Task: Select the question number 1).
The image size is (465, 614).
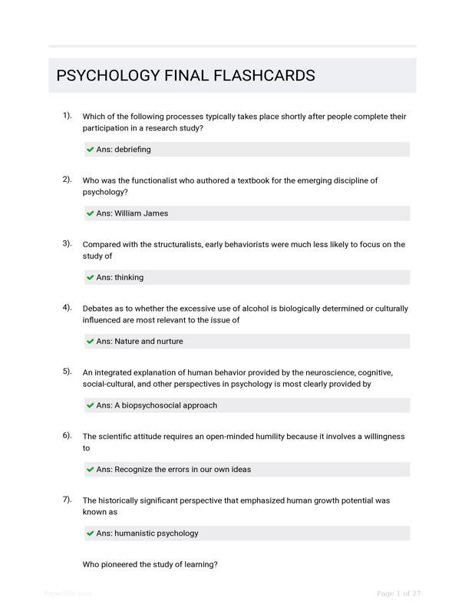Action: [x=67, y=116]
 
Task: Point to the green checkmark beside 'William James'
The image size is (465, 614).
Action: [x=91, y=213]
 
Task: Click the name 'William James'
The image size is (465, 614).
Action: [x=141, y=213]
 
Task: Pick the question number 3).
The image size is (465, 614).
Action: [x=67, y=243]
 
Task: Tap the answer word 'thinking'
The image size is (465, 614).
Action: [x=129, y=277]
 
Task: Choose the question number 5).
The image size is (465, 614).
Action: [x=67, y=371]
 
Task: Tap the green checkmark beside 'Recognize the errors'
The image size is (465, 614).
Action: [x=91, y=469]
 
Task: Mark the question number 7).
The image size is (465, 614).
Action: [x=67, y=499]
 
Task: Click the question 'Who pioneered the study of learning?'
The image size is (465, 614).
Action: [x=150, y=565]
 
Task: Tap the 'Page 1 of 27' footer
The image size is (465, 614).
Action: [x=399, y=593]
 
